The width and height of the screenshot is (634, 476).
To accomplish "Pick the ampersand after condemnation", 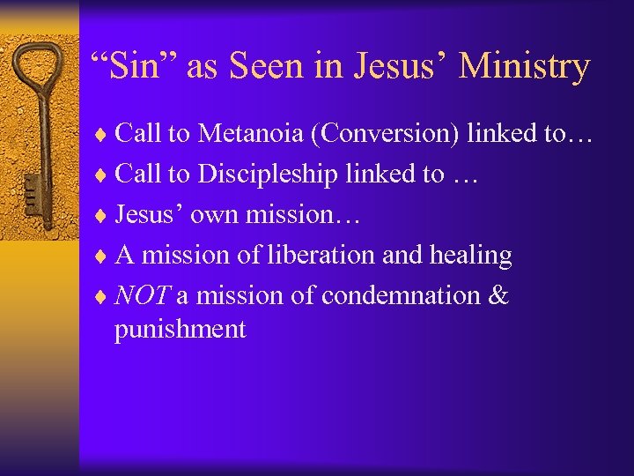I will click(498, 295).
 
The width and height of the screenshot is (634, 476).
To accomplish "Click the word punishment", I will click(180, 330).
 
